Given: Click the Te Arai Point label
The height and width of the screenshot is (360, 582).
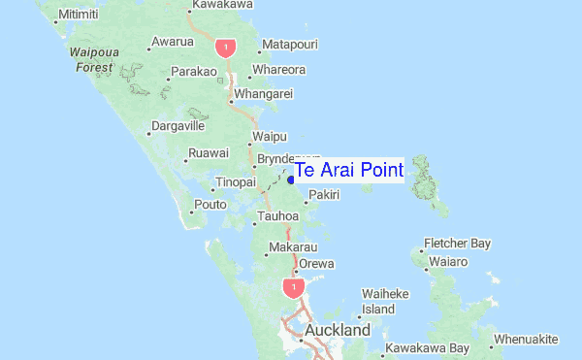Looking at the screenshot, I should click(348, 170).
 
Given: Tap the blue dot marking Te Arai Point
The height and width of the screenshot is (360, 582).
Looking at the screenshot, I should click(290, 179).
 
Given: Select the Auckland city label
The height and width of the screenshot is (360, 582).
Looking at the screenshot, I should click(338, 331).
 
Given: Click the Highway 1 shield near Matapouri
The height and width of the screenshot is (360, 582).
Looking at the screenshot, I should click(226, 47).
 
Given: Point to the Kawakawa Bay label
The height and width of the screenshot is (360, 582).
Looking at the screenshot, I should click(427, 347).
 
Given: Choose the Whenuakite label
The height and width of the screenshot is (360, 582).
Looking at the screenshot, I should click(527, 340).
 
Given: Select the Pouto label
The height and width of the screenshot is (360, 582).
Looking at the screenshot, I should click(210, 204).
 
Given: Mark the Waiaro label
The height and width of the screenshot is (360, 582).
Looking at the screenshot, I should click(450, 262).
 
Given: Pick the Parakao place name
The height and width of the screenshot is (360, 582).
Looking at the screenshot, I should click(193, 72).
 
